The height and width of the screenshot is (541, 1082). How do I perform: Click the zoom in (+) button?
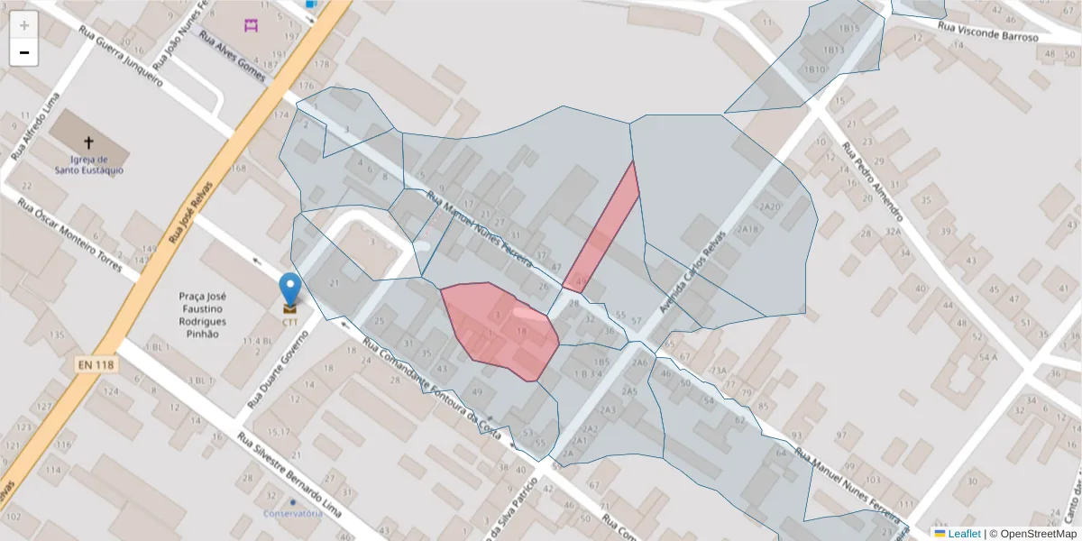pos(24,25)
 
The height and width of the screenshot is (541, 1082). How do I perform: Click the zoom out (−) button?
pos(24,52)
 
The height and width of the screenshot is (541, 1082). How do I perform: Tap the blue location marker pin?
pos(289,289)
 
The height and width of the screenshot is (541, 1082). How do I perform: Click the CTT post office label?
pos(289,322)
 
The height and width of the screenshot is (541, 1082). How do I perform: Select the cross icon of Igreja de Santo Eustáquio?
pos(88,142)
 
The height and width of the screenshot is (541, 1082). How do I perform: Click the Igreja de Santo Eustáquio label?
pos(88,164)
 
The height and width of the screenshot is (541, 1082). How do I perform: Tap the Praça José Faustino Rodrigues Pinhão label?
pos(202,315)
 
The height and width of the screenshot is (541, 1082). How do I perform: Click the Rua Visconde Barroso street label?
pos(987,32)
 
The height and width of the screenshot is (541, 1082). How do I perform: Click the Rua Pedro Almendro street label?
pos(872,181)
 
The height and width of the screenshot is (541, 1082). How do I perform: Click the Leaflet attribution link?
pos(964,533)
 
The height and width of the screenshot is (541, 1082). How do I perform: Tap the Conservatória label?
pos(292,513)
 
